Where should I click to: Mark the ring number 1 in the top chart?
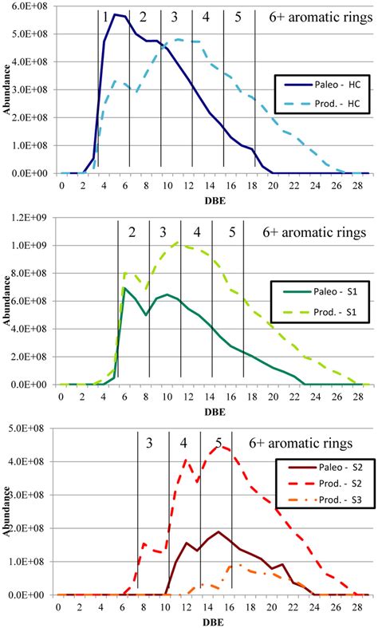click(105, 17)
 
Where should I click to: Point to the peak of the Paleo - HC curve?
click(116, 14)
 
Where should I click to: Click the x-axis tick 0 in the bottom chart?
click(58, 606)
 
